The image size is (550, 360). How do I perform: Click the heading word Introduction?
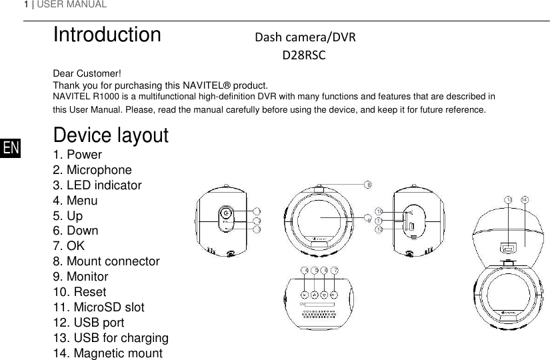pyautogui.click(x=107, y=35)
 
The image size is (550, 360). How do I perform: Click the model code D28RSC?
pyautogui.click(x=303, y=55)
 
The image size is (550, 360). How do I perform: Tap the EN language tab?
pyautogui.click(x=11, y=148)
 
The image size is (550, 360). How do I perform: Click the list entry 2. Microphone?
pyautogui.click(x=92, y=170)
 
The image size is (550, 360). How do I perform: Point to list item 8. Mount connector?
pyautogui.click(x=106, y=261)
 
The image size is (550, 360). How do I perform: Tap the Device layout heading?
pyautogui.click(x=111, y=135)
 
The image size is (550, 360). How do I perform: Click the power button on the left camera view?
pyautogui.click(x=227, y=213)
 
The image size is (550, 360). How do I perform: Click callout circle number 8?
pyautogui.click(x=368, y=185)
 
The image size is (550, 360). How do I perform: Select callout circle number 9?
pyautogui.click(x=368, y=217)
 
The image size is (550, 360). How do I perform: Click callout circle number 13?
pyautogui.click(x=509, y=199)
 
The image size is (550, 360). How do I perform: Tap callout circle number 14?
pyautogui.click(x=525, y=199)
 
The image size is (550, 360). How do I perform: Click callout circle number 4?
pyautogui.click(x=305, y=270)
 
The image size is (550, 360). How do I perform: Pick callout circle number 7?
pyautogui.click(x=335, y=270)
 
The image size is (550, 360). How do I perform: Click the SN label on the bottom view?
pyautogui.click(x=302, y=304)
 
